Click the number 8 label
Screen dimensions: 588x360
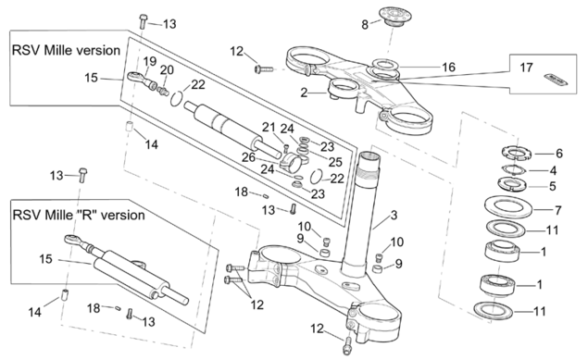365,25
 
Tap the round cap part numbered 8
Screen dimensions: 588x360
394,16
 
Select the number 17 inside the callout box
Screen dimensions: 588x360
526,68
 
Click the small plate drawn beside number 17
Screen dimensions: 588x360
556,80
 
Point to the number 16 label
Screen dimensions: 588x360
448,67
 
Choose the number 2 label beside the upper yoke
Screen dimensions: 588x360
304,93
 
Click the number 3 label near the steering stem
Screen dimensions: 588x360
394,216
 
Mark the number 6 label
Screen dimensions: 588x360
559,154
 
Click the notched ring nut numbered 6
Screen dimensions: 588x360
517,153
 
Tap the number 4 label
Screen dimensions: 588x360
553,171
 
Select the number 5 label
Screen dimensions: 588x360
553,186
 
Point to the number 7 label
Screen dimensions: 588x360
558,210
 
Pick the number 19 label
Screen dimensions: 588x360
150,61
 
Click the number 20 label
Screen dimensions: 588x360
168,70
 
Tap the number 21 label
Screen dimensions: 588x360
269,128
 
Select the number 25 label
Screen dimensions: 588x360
335,162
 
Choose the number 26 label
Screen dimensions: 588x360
248,157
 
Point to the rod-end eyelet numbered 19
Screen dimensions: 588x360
134,77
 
